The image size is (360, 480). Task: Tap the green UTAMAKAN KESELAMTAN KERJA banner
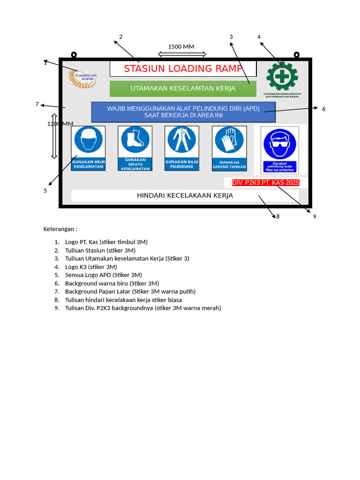[x=183, y=89]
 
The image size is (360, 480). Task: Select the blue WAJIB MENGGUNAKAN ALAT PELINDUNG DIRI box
[x=183, y=112]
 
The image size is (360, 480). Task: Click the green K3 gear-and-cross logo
[x=282, y=76]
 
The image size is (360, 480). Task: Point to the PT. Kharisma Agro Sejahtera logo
[x=82, y=78]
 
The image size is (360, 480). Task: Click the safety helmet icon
[x=88, y=140]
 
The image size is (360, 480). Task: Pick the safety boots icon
[x=135, y=140]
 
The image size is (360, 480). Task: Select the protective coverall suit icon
[x=182, y=140]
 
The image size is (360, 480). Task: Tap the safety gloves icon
[x=229, y=140]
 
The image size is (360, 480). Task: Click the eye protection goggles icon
[x=280, y=144]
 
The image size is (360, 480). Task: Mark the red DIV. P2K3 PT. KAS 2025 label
[x=265, y=183]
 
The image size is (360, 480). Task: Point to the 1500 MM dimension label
[x=181, y=46]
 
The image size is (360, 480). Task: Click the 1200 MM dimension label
[x=60, y=124]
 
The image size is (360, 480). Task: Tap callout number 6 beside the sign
[x=323, y=109]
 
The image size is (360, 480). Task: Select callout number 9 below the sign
[x=315, y=217]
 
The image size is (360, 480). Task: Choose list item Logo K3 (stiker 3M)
[x=91, y=267]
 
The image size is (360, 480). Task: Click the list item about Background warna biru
[x=112, y=283]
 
